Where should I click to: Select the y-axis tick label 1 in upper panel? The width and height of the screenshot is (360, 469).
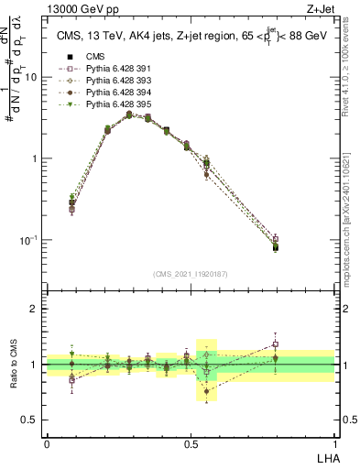[x=35, y=158]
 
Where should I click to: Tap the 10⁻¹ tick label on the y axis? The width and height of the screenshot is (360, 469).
[x=29, y=240]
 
